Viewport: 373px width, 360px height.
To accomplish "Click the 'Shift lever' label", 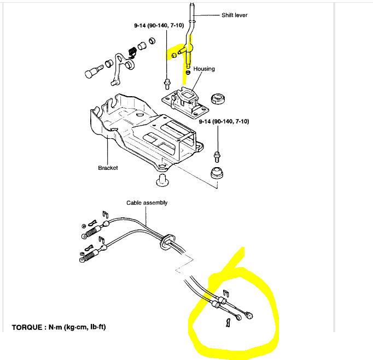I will tap(234, 15).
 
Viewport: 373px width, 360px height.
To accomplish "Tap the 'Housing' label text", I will tap(203, 69).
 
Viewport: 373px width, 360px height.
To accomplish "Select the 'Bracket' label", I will tap(108, 168).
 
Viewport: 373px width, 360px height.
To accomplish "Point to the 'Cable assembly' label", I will tap(147, 203).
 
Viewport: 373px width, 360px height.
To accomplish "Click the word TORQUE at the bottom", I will tap(28, 328).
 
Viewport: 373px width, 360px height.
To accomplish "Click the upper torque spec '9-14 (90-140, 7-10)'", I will tap(159, 25).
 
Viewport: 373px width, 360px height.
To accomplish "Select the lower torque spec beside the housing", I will tap(224, 121).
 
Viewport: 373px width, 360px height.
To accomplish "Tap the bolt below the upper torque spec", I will tap(166, 84).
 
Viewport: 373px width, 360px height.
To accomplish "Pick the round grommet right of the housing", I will tap(218, 99).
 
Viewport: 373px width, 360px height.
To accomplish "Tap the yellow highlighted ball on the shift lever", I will tap(173, 55).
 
